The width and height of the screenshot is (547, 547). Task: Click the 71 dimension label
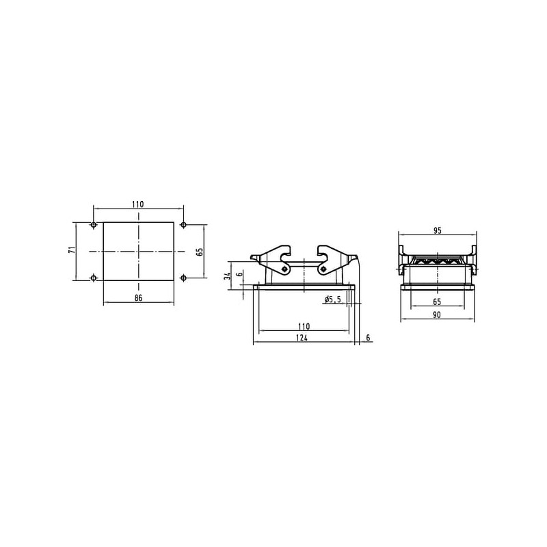pos(72,250)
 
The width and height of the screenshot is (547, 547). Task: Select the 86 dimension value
pos(139,297)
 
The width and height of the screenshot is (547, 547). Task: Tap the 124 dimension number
pos(302,337)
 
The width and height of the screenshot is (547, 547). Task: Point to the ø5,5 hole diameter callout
pos(332,299)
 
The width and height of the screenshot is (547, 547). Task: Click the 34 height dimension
pos(228,276)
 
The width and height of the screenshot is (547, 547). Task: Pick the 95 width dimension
pos(437,230)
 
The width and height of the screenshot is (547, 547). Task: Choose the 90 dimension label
pos(436,315)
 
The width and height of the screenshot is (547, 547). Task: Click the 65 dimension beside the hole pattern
pos(199,252)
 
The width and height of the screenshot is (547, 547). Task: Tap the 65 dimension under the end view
pos(437,302)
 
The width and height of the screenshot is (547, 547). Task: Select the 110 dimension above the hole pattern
pos(138,204)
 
